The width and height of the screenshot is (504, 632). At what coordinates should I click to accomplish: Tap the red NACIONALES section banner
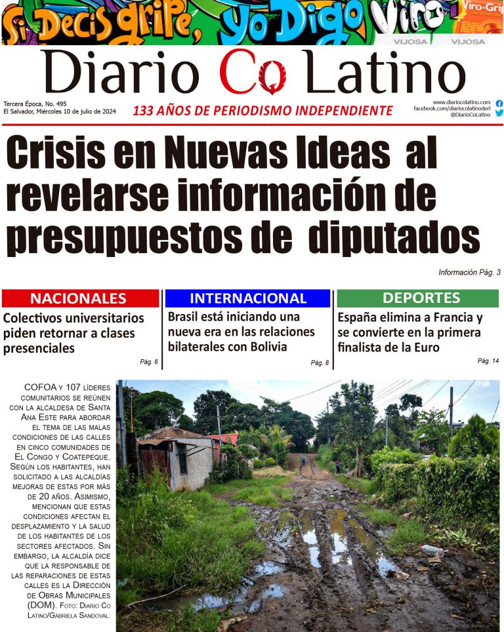click(x=80, y=298)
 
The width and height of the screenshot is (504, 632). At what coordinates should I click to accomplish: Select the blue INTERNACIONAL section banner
click(x=247, y=298)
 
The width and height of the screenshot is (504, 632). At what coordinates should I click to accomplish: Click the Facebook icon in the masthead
click(x=499, y=104)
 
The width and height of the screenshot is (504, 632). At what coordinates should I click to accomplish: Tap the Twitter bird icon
click(x=499, y=113)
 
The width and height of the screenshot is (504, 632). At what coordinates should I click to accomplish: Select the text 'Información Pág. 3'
click(x=469, y=272)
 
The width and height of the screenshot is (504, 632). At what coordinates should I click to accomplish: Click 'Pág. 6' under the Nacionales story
click(x=149, y=362)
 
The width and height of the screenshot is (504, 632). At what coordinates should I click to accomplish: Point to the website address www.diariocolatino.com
click(x=461, y=102)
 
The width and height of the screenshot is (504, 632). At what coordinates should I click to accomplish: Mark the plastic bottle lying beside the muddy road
click(x=432, y=549)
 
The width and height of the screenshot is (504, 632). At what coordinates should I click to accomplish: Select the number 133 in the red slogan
click(x=146, y=111)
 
